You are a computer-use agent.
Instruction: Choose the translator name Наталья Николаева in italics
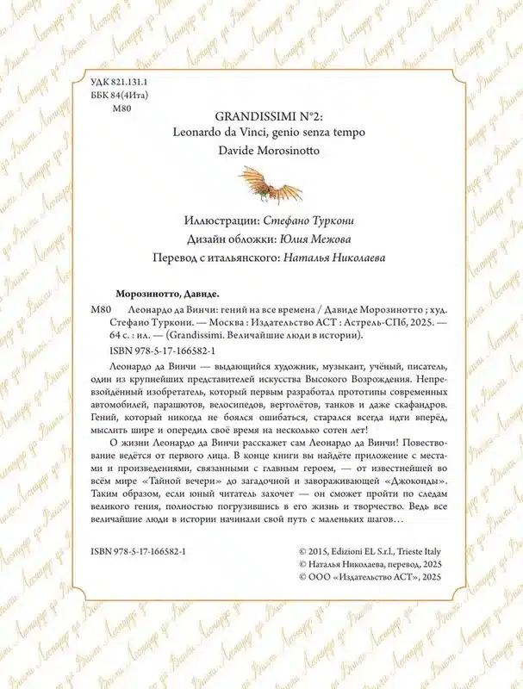point(338,258)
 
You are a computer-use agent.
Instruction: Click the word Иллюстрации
point(220,220)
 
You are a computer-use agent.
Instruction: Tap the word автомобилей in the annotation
point(123,404)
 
